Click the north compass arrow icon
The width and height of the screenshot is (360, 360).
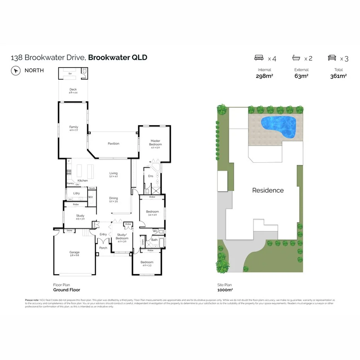pyautogui.click(x=16, y=71)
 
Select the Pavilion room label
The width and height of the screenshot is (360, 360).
pyautogui.click(x=113, y=144)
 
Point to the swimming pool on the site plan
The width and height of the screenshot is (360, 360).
pyautogui.click(x=278, y=126)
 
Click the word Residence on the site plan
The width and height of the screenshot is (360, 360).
pyautogui.click(x=268, y=190)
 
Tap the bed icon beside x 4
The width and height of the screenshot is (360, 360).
pyautogui.click(x=259, y=58)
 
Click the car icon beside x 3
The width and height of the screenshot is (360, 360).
pyautogui.click(x=332, y=58)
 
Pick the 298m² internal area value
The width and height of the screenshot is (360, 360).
pyautogui.click(x=265, y=76)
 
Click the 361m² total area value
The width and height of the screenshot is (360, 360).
pyautogui.click(x=338, y=76)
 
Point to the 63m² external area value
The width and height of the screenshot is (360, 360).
pyautogui.click(x=301, y=76)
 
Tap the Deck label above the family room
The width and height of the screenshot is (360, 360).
pyautogui.click(x=73, y=90)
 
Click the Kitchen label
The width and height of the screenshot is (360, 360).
pyautogui.click(x=83, y=180)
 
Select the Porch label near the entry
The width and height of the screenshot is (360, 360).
pyautogui.click(x=103, y=248)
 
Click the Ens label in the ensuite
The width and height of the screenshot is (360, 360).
pyautogui.click(x=151, y=176)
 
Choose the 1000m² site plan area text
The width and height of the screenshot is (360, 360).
pyautogui.click(x=225, y=290)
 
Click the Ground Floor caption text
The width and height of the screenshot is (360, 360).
pyautogui.click(x=66, y=290)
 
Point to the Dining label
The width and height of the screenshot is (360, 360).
pyautogui.click(x=113, y=198)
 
